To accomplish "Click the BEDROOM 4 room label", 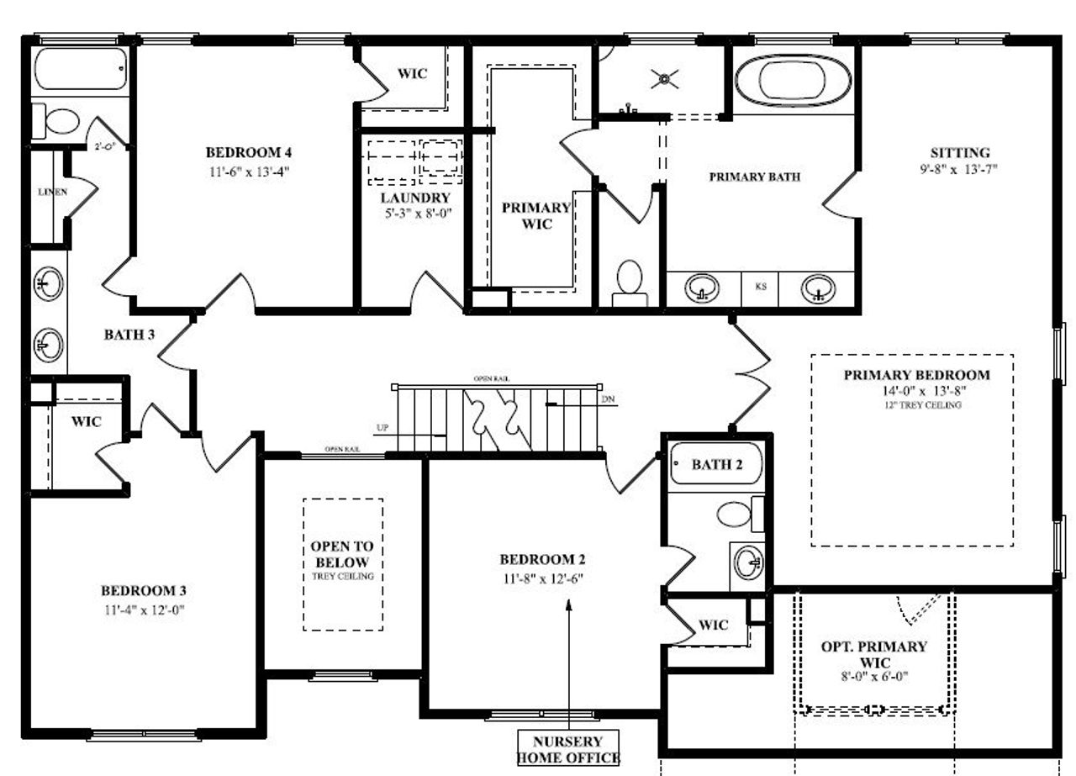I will pos(249,152).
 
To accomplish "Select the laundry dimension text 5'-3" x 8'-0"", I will pos(417,214).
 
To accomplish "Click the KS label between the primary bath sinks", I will pos(761,287).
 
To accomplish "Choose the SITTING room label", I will pos(960,153).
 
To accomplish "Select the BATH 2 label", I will pos(716,465).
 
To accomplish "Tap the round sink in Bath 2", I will pos(748,561).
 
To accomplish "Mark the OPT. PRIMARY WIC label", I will pos(874,654).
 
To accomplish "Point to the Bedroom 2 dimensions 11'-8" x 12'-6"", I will pos(541,578).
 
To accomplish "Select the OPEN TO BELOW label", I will pos(342,554).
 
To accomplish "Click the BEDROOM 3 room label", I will pos(143,589).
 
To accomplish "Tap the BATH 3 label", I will pos(129,335).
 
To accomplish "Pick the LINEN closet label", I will pos(52,192).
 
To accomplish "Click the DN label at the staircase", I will pos(608,399).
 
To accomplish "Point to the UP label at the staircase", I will pos(382,429).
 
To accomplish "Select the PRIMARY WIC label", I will pos(536,215).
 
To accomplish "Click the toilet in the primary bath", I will pos(629,282).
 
